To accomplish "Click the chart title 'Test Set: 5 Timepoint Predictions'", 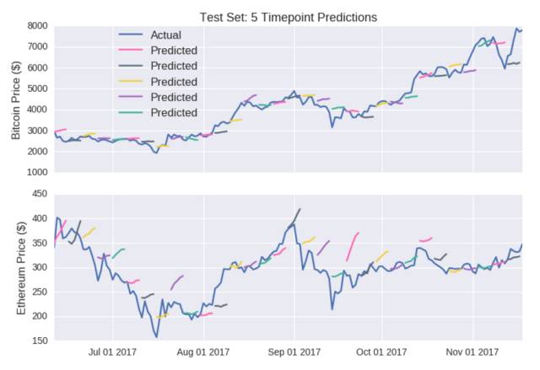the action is [x=289, y=17].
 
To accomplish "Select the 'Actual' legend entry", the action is [x=149, y=35].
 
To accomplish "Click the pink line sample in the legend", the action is [x=130, y=51].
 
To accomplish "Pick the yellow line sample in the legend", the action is [x=130, y=82].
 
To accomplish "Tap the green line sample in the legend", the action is [x=130, y=112].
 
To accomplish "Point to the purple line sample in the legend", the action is [x=130, y=97].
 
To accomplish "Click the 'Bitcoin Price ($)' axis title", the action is [x=16, y=100].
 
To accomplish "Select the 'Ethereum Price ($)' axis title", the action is [x=21, y=269].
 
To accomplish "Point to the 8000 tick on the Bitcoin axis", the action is [x=37, y=26].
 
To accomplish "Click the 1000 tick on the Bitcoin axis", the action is [x=37, y=172].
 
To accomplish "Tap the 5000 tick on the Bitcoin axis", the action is [x=37, y=88].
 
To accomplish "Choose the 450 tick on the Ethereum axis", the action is [x=40, y=194].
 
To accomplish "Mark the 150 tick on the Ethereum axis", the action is [x=40, y=341].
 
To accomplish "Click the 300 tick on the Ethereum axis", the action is [x=40, y=267].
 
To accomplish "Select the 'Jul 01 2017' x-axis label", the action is [x=112, y=352].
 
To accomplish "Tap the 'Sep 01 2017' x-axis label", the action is [x=294, y=352].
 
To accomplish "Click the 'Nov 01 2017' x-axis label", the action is [x=472, y=352].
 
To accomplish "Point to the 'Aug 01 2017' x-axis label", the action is [x=203, y=352].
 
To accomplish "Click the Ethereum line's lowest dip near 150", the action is [x=157, y=337].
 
